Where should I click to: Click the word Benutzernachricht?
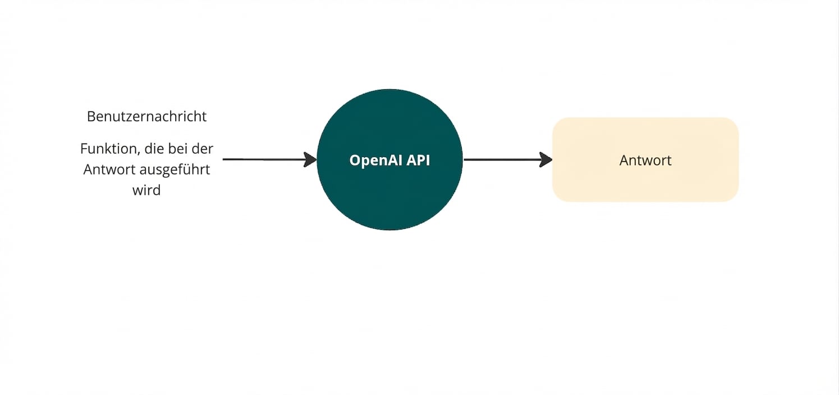click(146, 116)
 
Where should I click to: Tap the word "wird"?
click(146, 190)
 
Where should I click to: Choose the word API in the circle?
click(418, 160)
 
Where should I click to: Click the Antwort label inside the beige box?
click(645, 160)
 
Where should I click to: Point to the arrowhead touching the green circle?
click(310, 159)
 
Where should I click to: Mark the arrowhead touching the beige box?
click(546, 160)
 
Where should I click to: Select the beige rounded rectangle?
click(645, 185)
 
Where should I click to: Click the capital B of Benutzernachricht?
click(91, 116)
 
